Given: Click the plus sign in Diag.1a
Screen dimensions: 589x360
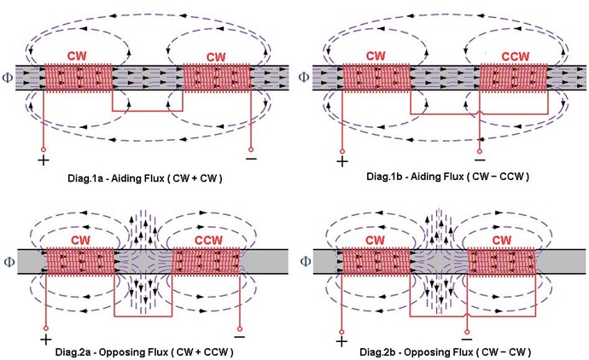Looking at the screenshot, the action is [44, 160].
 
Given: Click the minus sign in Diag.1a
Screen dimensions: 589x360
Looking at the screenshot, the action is [251, 159].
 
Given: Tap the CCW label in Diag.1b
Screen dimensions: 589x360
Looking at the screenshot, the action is [515, 56].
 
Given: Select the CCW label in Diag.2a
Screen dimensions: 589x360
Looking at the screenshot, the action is [208, 240].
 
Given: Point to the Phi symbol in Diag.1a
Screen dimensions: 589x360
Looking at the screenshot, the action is [8, 78].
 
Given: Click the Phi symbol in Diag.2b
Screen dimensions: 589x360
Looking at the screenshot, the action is [306, 261].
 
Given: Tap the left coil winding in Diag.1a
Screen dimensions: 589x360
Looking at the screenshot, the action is [79, 78].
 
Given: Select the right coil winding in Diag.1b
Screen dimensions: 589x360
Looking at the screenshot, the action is [514, 78].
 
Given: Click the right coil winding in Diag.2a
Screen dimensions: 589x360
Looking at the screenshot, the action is [206, 261].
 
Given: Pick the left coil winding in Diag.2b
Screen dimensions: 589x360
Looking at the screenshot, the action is [376, 261].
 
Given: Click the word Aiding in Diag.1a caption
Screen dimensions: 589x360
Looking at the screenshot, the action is [125, 177].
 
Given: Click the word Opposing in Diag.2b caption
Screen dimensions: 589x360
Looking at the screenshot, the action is [423, 351].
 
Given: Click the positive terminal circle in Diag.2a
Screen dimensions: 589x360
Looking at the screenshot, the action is [46, 328].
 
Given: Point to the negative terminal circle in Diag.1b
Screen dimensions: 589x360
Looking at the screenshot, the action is [480, 151].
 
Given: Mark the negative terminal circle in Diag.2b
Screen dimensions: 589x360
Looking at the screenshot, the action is [467, 332].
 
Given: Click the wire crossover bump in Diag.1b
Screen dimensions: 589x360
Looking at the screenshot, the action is [480, 112].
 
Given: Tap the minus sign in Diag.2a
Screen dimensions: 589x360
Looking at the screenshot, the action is [239, 336].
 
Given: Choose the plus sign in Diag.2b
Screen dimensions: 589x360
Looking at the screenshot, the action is [341, 341].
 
